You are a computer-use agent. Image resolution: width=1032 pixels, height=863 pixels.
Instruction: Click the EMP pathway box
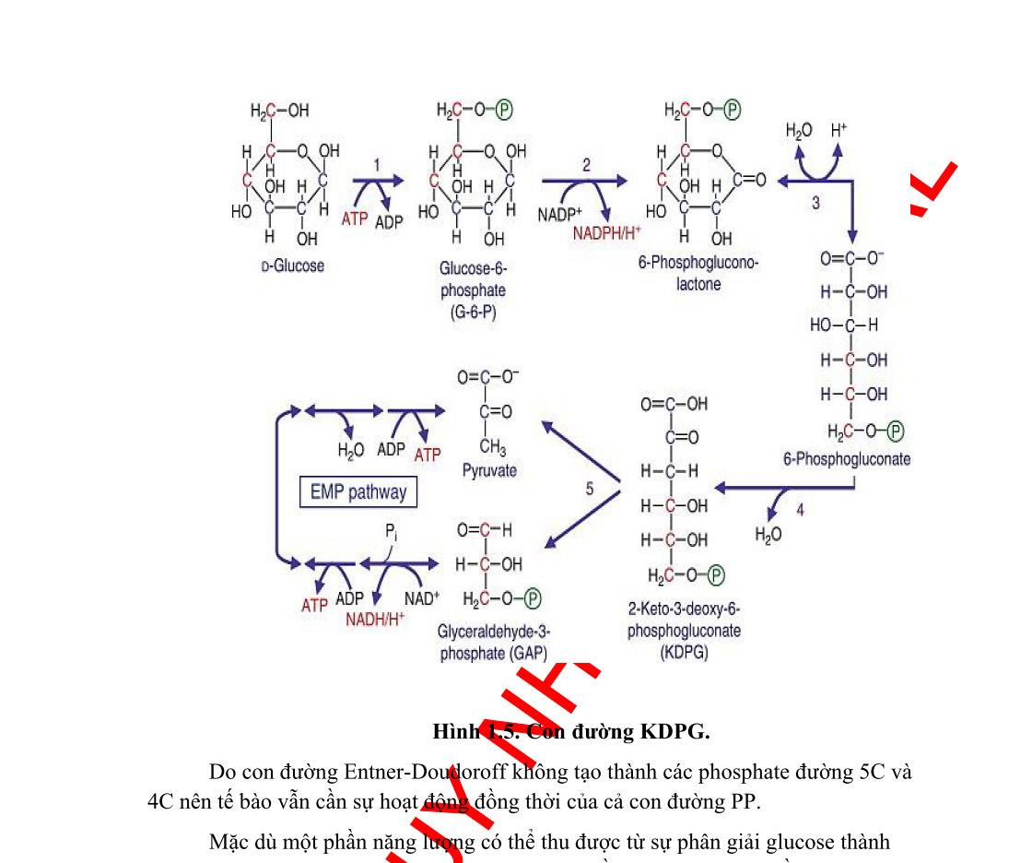[358, 491]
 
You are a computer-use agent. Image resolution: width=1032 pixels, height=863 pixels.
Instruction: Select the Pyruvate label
[489, 470]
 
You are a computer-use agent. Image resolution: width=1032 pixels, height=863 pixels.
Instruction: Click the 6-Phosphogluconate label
[847, 459]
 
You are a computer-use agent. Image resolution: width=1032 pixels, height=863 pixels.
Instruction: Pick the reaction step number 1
[376, 164]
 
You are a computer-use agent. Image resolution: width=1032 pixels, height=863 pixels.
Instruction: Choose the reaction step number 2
[586, 165]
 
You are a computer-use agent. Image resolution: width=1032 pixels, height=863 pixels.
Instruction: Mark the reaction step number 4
[800, 510]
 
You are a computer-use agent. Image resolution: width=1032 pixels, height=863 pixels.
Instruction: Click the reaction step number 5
[590, 489]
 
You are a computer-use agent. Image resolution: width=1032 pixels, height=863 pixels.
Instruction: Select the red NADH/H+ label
[375, 619]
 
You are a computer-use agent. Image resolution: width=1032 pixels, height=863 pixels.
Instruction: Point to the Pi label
[391, 534]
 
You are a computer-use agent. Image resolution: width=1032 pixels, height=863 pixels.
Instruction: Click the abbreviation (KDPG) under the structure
[685, 652]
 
